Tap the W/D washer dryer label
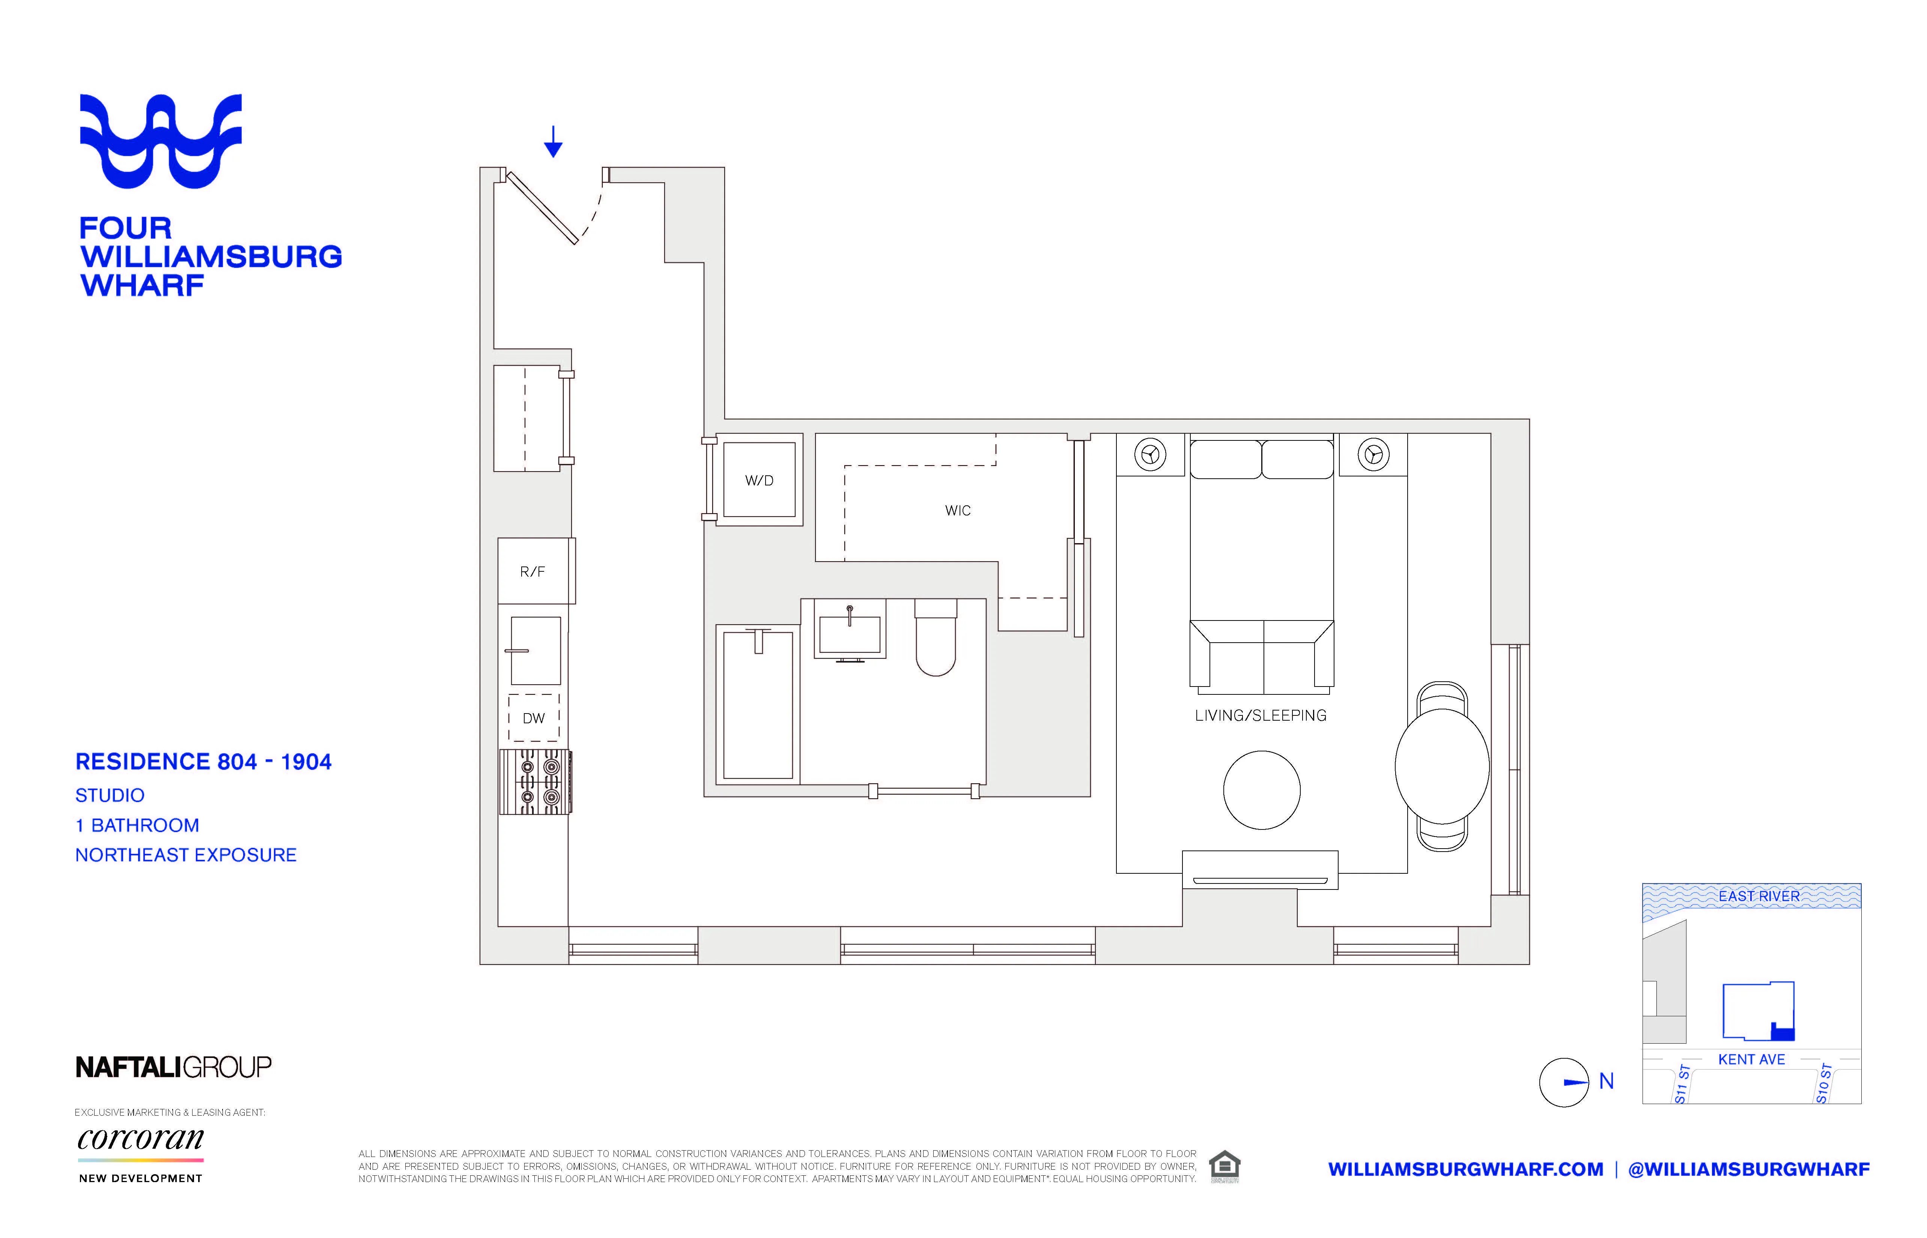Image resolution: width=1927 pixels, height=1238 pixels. click(759, 481)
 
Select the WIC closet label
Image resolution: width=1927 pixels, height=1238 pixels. click(957, 511)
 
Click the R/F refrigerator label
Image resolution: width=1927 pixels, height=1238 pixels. click(532, 572)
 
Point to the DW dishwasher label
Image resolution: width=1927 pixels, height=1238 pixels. click(534, 718)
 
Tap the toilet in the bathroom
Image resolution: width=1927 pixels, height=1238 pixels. click(936, 643)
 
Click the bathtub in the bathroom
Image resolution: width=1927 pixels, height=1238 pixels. click(757, 705)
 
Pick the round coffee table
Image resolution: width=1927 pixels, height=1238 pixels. click(1261, 789)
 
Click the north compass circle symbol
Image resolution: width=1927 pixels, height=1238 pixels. click(1564, 1082)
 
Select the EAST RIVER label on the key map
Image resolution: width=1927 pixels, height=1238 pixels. click(1759, 895)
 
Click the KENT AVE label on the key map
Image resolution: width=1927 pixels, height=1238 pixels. click(1751, 1059)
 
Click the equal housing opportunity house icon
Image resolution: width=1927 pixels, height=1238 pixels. click(1224, 1166)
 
